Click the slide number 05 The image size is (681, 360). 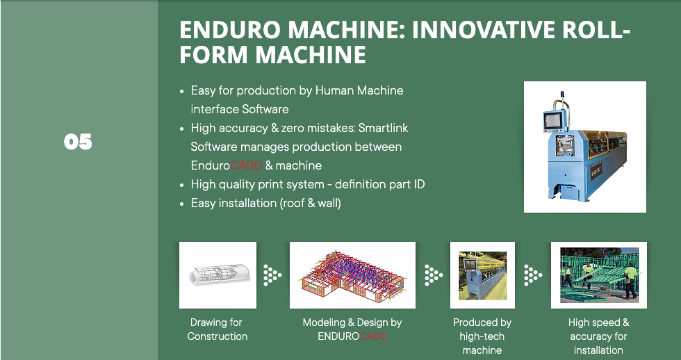coord(78,142)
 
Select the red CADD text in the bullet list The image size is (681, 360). coord(246,165)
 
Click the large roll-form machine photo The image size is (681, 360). coord(584,147)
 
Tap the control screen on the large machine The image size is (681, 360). coord(553,120)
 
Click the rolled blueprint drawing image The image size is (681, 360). coord(218,275)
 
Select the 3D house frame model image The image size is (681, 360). coord(352,275)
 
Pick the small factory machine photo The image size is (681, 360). coord(482,275)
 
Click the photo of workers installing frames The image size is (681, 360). coord(598,275)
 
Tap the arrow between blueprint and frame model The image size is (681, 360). coord(272,275)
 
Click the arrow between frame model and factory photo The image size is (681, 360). coord(434,275)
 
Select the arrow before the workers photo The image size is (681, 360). coord(533,275)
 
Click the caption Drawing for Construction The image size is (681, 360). coord(217,329)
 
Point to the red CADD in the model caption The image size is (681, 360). coord(373,336)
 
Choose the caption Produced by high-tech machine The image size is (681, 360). coord(482,336)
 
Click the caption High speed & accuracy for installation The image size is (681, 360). coord(598,336)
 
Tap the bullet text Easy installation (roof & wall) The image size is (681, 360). coord(265,203)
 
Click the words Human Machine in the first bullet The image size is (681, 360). coord(359,91)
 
